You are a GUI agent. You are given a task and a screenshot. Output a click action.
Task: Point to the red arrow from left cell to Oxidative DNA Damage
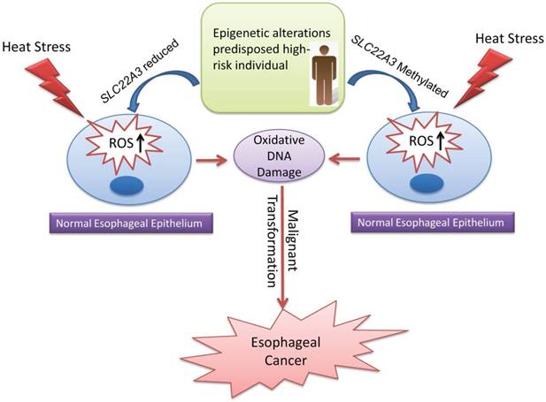tap(211, 159)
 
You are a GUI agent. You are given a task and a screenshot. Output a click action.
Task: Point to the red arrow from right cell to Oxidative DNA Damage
tap(345, 159)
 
